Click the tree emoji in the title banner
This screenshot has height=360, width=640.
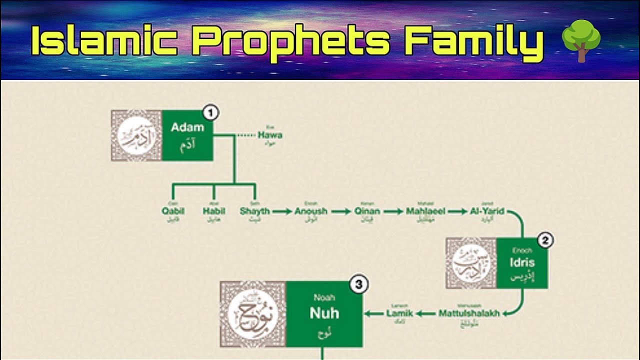pos(580,40)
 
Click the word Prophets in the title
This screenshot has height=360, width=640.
pos(290,41)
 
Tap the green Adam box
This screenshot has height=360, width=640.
pos(187,135)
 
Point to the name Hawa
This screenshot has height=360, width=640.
pos(270,135)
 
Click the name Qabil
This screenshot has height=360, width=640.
pos(173,211)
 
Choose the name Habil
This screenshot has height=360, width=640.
pos(214,211)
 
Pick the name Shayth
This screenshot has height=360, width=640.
pos(254,211)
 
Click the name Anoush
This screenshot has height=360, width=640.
pos(310,211)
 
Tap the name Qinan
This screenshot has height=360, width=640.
pos(367,211)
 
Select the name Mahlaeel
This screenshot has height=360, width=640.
pos(425,211)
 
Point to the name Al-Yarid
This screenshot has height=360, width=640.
pos(487,211)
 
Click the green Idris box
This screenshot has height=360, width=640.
pos(522,263)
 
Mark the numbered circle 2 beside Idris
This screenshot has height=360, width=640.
pos(545,241)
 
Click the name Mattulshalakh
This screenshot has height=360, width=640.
pos(469,313)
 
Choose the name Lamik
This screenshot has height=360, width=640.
pos(399,313)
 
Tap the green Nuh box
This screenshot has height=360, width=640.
pos(324,313)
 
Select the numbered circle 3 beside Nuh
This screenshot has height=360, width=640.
pos(358,285)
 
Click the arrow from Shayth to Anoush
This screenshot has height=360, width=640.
pos(282,211)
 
